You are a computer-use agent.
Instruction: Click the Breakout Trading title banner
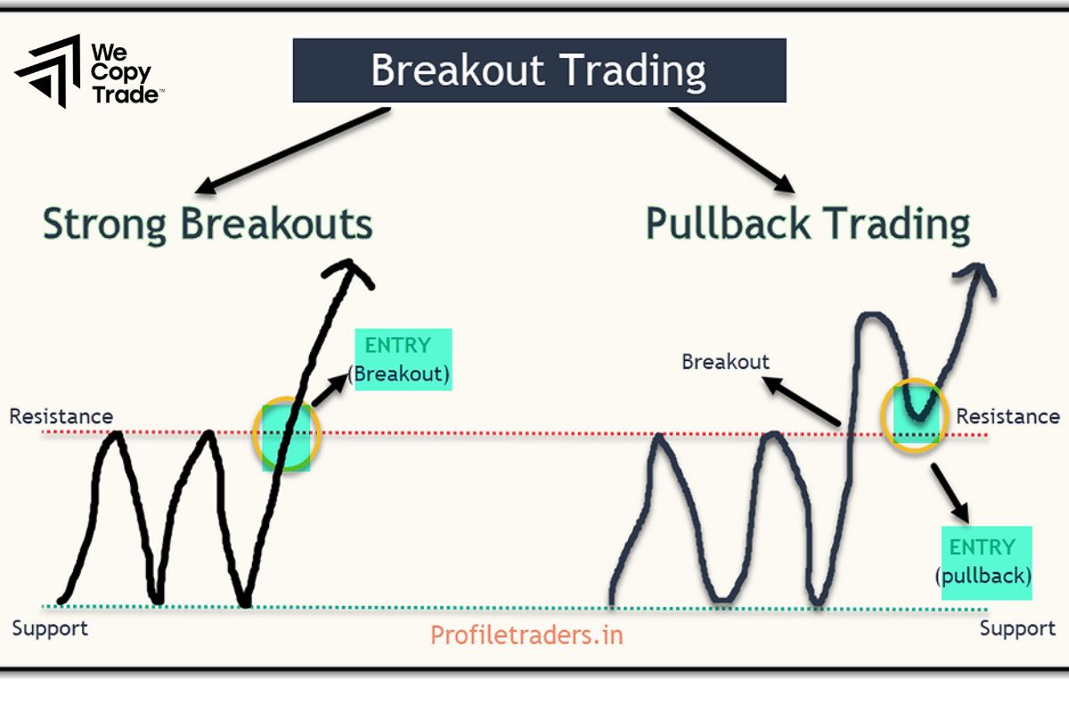pyautogui.click(x=539, y=70)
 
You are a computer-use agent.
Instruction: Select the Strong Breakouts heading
pyautogui.click(x=208, y=225)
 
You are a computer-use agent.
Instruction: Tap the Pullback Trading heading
pyautogui.click(x=807, y=225)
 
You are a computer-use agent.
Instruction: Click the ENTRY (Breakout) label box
pyautogui.click(x=403, y=359)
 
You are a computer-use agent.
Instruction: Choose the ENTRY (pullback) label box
pyautogui.click(x=984, y=561)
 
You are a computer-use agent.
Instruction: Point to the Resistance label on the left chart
pyautogui.click(x=61, y=416)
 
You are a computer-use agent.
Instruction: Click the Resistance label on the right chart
pyautogui.click(x=1008, y=416)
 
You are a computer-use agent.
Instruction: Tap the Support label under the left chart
pyautogui.click(x=50, y=628)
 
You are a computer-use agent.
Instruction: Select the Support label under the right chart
pyautogui.click(x=1017, y=628)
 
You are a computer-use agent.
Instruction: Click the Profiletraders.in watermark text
pyautogui.click(x=526, y=635)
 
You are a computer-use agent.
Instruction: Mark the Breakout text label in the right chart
pyautogui.click(x=725, y=362)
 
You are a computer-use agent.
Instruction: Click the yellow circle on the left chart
pyautogui.click(x=286, y=432)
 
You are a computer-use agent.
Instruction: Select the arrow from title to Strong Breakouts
pyautogui.click(x=294, y=150)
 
